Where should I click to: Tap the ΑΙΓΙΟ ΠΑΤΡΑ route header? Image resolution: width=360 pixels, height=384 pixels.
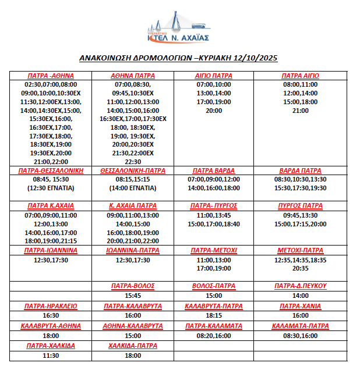pos(214,76)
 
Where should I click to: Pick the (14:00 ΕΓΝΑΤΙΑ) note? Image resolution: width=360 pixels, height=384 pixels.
pos(133,189)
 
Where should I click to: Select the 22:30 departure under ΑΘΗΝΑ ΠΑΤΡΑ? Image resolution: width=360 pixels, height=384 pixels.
pos(133,162)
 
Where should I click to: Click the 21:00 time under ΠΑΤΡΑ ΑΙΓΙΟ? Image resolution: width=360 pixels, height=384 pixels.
pos(301,111)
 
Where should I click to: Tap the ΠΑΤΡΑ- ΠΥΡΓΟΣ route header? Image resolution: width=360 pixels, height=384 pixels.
pos(214,206)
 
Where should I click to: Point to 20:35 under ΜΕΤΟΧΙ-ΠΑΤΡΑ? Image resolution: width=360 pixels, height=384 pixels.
pos(301,269)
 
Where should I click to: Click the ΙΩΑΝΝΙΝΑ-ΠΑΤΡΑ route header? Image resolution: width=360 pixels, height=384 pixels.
pos(133,251)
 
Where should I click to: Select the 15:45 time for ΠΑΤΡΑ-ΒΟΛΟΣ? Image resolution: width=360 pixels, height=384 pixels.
pos(133,296)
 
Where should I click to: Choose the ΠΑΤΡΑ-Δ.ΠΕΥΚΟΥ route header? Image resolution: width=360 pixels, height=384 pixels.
pos(301,286)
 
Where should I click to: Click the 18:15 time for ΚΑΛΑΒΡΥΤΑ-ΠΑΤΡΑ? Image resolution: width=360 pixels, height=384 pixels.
pos(214,315)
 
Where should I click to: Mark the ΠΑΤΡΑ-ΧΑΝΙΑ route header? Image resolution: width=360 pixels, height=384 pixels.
pos(301,306)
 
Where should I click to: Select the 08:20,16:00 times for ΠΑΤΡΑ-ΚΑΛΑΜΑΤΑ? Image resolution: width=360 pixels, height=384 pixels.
pos(214,336)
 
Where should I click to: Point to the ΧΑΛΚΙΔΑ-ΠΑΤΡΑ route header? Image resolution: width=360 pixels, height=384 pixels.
pos(133,346)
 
